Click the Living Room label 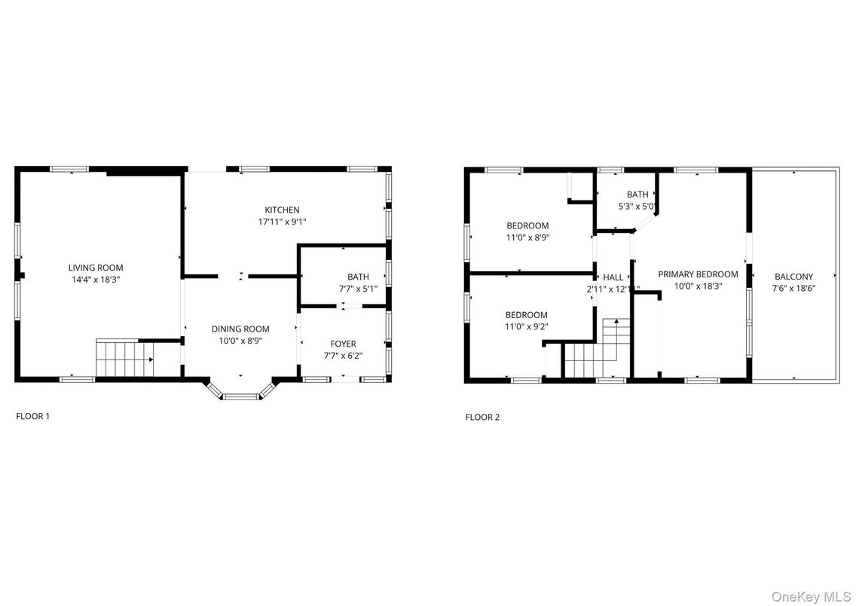point(96,268)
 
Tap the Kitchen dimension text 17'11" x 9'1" point(282,222)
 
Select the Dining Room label point(240,329)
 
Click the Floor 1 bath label point(358,277)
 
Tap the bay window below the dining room point(240,394)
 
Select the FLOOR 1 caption point(32,415)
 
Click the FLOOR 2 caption point(482,417)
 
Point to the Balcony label point(793,277)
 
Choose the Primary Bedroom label point(698,274)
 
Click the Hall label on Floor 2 point(613,277)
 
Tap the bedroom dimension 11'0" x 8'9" point(527,237)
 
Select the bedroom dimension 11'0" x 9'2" point(527,326)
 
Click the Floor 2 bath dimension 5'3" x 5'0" point(637,206)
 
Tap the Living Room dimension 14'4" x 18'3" point(96,280)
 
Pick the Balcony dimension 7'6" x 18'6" point(793,289)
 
